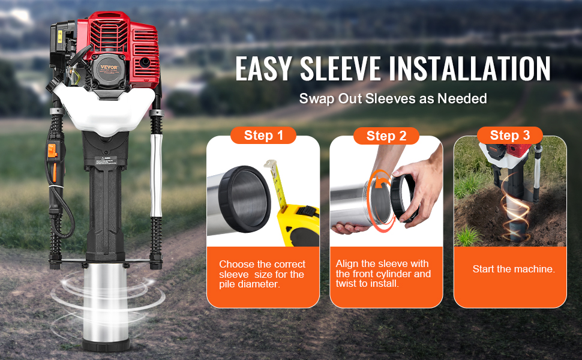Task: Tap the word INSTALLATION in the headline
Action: tap(470, 68)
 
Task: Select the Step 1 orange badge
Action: tap(263, 136)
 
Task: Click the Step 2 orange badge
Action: tap(386, 136)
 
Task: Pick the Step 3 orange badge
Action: tap(509, 135)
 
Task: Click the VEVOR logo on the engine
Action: tap(109, 68)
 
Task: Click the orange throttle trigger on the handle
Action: tap(52, 151)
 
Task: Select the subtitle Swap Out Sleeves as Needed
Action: tap(393, 99)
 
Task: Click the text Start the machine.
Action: tap(514, 269)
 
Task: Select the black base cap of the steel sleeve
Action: tap(106, 345)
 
